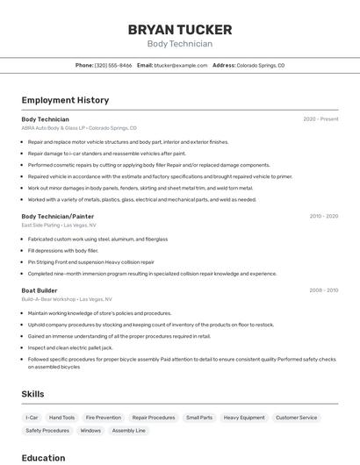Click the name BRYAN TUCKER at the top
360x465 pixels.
pos(179,29)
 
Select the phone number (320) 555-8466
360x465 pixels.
pos(113,65)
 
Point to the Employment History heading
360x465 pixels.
pos(65,100)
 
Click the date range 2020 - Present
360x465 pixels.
pos(320,119)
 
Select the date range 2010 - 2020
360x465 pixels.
pos(323,216)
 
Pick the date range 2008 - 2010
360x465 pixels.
pos(323,290)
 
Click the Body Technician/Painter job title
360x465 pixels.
pos(57,216)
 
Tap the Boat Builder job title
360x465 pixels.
pos(40,290)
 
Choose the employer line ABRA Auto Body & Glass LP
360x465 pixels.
pos(53,128)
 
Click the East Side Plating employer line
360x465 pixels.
pos(40,225)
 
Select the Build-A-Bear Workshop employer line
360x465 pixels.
pos(50,299)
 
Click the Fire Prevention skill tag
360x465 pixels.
pos(104,418)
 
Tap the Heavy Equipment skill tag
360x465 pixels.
pos(244,418)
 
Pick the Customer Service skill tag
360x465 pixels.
pos(297,418)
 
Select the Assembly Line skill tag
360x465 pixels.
pos(129,431)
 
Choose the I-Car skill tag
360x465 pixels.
pos(32,418)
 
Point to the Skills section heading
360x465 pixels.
pos(32,395)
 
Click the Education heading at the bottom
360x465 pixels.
pos(43,458)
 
